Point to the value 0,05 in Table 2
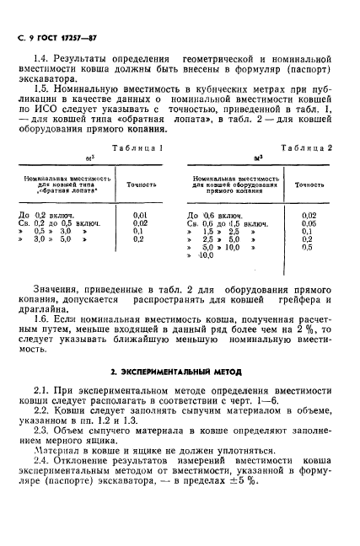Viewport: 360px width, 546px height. [x=309, y=223]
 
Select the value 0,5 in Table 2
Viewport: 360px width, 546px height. [x=308, y=248]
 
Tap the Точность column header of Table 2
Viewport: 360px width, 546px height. [x=309, y=184]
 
